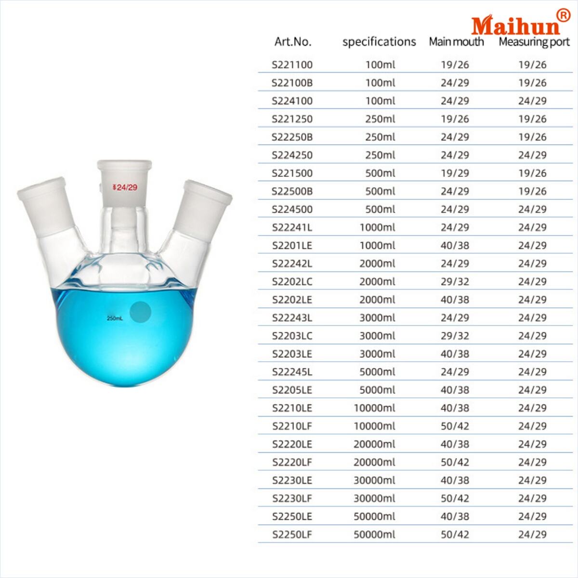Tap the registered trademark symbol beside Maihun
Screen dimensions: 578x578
click(563, 15)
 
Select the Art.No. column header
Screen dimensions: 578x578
click(293, 41)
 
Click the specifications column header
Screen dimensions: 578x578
click(379, 42)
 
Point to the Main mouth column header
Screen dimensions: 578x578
click(456, 42)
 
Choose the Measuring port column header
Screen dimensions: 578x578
click(534, 42)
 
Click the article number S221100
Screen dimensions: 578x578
click(292, 65)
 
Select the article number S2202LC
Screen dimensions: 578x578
click(292, 281)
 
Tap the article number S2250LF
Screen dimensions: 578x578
click(292, 534)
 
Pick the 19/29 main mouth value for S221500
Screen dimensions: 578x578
click(455, 173)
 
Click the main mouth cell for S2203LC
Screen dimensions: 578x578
click(455, 336)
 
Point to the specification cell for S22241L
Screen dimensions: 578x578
click(377, 227)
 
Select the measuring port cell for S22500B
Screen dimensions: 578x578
click(532, 191)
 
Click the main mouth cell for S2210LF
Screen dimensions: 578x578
click(455, 426)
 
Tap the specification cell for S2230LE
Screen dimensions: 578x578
click(374, 480)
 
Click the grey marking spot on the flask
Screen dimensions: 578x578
click(141, 312)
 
